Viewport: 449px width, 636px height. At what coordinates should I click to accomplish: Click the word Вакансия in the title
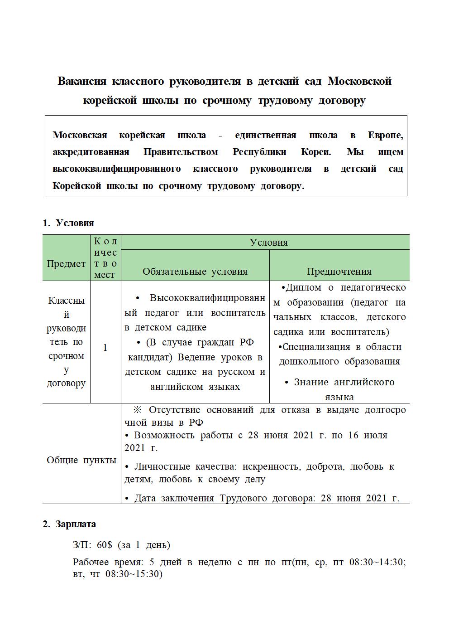pyautogui.click(x=82, y=81)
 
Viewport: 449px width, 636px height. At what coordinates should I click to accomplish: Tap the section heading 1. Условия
pyautogui.click(x=68, y=223)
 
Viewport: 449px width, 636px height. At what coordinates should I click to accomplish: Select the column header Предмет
pyautogui.click(x=66, y=264)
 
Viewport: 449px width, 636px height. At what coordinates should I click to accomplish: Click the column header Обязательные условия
pyautogui.click(x=195, y=272)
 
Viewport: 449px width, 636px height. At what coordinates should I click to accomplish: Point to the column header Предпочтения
pyautogui.click(x=339, y=272)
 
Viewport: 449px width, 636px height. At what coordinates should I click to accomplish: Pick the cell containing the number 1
pyautogui.click(x=105, y=348)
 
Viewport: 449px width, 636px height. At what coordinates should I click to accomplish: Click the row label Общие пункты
pyautogui.click(x=81, y=460)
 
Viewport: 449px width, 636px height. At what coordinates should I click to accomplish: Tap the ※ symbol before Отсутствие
pyautogui.click(x=138, y=410)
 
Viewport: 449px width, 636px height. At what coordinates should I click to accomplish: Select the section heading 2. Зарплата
pyautogui.click(x=69, y=524)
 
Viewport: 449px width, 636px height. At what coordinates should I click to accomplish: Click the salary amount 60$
pyautogui.click(x=104, y=544)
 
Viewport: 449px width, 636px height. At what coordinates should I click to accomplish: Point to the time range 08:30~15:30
pyautogui.click(x=134, y=574)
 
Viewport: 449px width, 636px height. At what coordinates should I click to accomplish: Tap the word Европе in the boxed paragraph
pyautogui.click(x=385, y=135)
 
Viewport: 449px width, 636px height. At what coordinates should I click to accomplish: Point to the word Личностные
pyautogui.click(x=162, y=466)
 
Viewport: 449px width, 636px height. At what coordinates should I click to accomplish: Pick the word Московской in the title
pyautogui.click(x=359, y=81)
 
